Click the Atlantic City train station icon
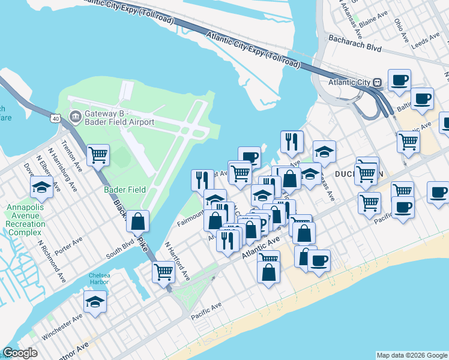coord(378,82)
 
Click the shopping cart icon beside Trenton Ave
coord(98,155)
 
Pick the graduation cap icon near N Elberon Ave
coord(41,188)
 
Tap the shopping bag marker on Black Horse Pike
coord(138,221)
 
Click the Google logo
coord(19,353)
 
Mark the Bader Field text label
coord(125,190)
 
